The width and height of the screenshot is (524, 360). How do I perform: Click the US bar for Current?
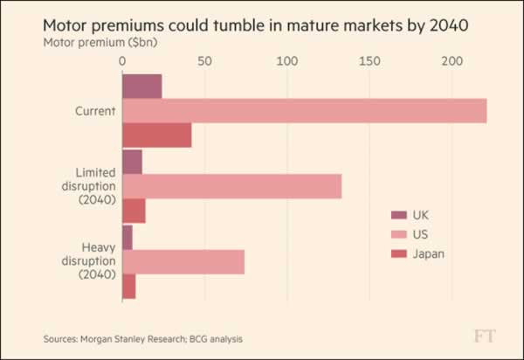pos(304,111)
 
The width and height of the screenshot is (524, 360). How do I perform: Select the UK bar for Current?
pos(141,87)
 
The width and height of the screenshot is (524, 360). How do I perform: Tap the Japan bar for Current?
pos(156,135)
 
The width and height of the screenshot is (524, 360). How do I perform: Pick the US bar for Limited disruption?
pos(231,187)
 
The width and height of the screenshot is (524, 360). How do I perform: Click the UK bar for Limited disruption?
pos(132,163)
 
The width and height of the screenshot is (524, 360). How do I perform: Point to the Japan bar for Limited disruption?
pos(134,211)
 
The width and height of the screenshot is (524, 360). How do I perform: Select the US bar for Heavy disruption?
pos(183,262)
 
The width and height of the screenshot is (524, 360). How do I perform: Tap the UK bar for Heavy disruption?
pos(128,238)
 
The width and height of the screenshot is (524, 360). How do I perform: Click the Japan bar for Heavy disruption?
pos(128,287)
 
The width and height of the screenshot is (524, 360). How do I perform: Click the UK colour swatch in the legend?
pos(398,215)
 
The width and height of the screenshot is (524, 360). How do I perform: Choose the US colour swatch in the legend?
pos(398,234)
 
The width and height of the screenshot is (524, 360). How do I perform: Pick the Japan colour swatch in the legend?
pos(398,254)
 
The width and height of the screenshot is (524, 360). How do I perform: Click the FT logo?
pos(486,336)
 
